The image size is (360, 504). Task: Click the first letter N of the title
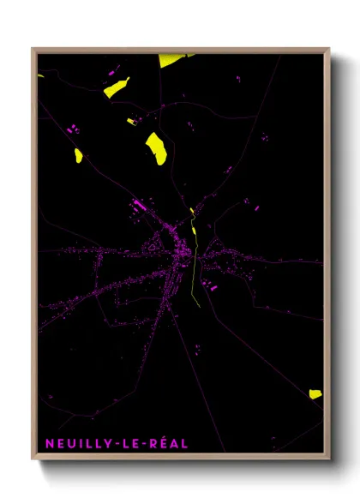[47, 443]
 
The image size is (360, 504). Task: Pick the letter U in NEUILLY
[69, 443]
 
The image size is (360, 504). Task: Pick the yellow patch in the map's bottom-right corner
[315, 394]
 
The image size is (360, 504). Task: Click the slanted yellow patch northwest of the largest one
[116, 87]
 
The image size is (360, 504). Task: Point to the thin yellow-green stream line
[195, 266]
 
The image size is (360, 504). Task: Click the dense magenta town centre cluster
[182, 254]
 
